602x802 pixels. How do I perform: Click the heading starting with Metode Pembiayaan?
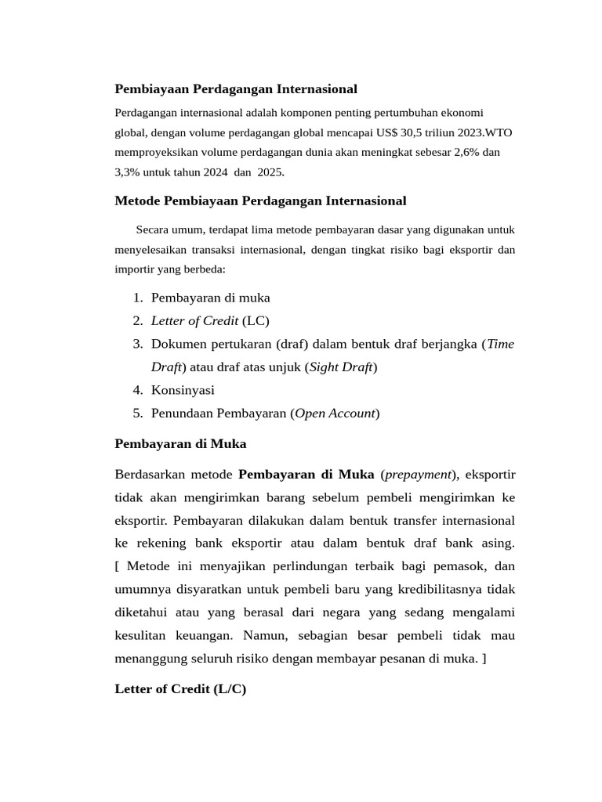point(260,201)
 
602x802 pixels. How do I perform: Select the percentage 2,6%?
point(467,152)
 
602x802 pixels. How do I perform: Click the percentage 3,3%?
point(128,172)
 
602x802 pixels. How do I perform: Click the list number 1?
point(137,298)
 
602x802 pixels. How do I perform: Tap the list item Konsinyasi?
point(183,390)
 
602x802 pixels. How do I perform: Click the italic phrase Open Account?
point(335,413)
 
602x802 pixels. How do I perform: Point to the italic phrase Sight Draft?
point(341,367)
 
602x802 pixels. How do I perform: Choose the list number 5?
point(137,413)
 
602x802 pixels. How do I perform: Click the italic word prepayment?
point(419,474)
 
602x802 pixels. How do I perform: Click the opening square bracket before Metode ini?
point(118,566)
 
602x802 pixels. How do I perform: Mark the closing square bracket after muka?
point(484,659)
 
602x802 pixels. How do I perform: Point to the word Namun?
point(265,635)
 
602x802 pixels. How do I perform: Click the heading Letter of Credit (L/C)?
point(180,689)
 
